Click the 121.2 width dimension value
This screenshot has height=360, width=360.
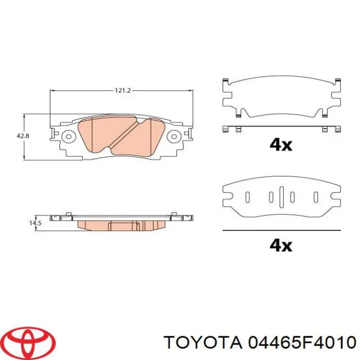122,91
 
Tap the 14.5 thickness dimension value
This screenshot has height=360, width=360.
34,223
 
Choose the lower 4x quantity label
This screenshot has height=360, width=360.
280,245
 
